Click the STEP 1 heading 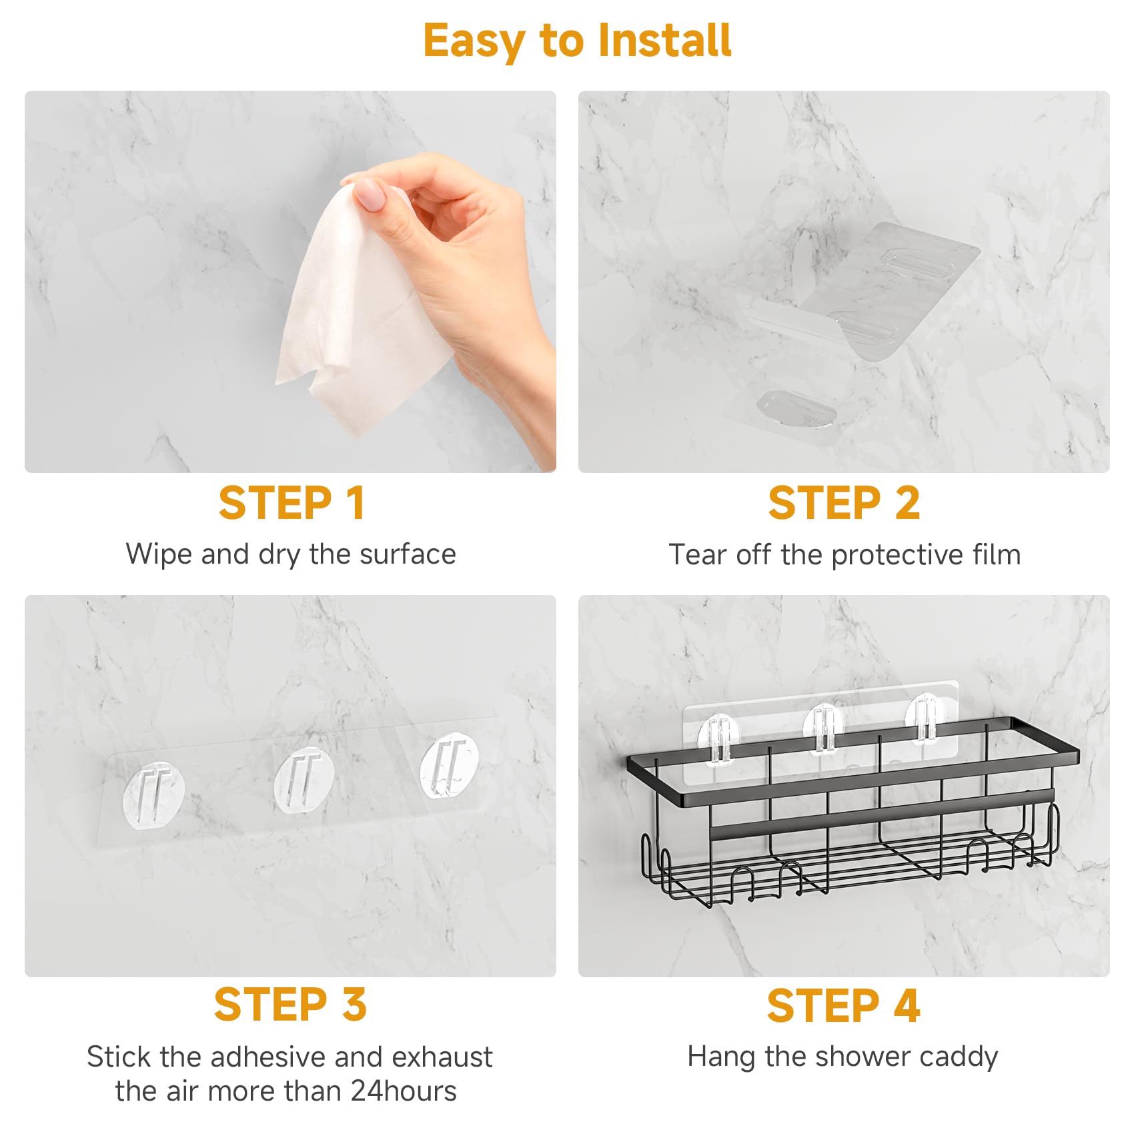(292, 503)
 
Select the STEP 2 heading (844, 503)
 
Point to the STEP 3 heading (290, 1005)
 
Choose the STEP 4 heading (843, 1005)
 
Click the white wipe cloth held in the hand (364, 307)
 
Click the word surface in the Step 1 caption (407, 554)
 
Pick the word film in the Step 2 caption (999, 554)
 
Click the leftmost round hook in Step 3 (153, 796)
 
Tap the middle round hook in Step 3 (304, 779)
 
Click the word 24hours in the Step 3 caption (404, 1091)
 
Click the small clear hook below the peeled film (796, 408)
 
